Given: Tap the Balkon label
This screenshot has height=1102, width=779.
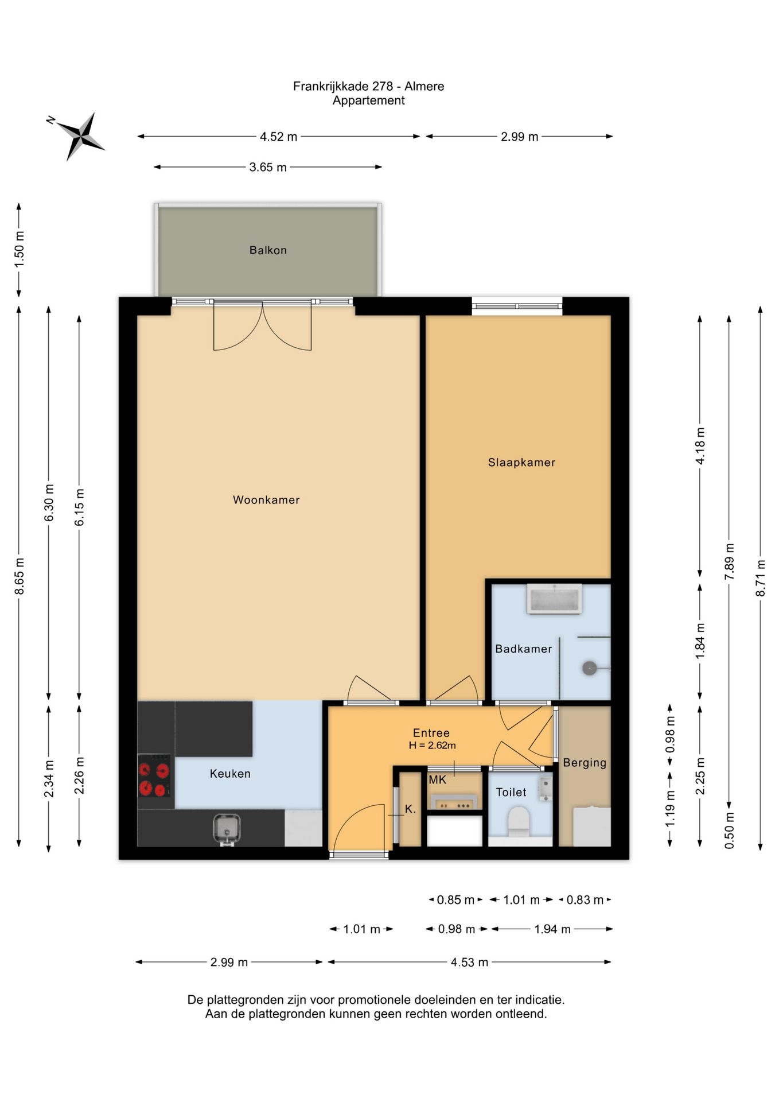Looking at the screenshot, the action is pyautogui.click(x=268, y=250).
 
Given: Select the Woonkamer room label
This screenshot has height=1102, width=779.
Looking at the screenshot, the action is pyautogui.click(x=266, y=500).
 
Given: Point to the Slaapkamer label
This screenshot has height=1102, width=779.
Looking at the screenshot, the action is pyautogui.click(x=521, y=463).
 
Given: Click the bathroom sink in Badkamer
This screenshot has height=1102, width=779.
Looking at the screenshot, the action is pyautogui.click(x=555, y=599).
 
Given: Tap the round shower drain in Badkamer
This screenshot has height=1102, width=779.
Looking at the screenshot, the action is pyautogui.click(x=590, y=668).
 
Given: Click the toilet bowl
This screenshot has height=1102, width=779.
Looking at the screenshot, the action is pyautogui.click(x=519, y=821).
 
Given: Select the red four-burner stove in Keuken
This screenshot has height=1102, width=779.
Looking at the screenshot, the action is pyautogui.click(x=154, y=775).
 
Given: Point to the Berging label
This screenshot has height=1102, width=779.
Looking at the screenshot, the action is pyautogui.click(x=585, y=763).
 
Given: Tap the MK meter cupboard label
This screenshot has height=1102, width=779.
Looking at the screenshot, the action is pyautogui.click(x=437, y=780).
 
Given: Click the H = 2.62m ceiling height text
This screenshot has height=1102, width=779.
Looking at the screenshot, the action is pyautogui.click(x=432, y=746).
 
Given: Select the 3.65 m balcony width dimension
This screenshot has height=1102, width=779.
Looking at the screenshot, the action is pyautogui.click(x=268, y=168).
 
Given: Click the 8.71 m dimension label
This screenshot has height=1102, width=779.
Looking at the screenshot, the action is pyautogui.click(x=761, y=577).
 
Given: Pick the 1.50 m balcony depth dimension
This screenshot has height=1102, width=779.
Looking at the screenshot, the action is pyautogui.click(x=19, y=249).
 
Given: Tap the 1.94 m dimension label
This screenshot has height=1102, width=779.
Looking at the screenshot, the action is pyautogui.click(x=552, y=929).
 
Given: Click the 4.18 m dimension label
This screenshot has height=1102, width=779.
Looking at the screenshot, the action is pyautogui.click(x=700, y=446).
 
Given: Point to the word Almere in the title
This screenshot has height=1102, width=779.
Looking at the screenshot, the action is pyautogui.click(x=424, y=86).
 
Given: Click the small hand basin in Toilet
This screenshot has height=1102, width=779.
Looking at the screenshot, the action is pyautogui.click(x=545, y=788).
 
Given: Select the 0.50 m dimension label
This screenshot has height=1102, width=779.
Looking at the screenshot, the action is pyautogui.click(x=730, y=830).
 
